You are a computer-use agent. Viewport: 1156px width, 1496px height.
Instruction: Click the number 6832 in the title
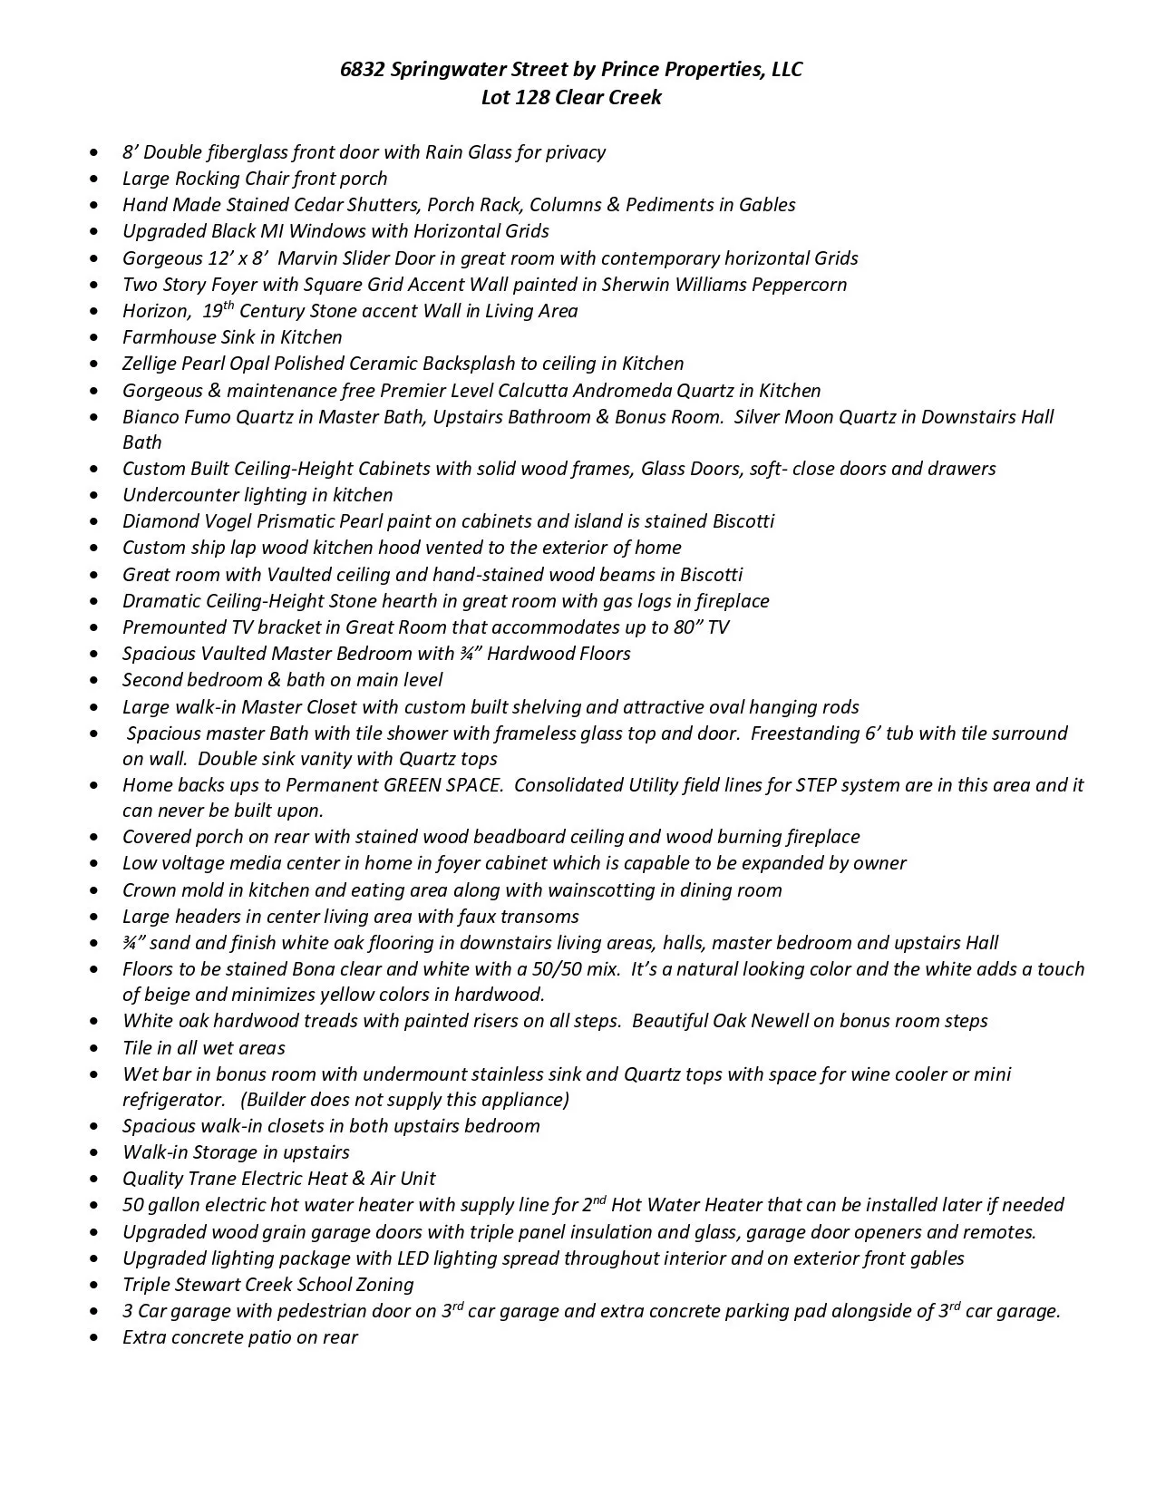(x=361, y=70)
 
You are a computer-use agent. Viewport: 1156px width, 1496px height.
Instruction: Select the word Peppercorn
(x=801, y=285)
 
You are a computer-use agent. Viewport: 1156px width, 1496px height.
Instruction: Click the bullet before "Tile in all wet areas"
(x=96, y=1049)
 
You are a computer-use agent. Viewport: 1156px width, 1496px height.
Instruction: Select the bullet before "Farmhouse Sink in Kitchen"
(x=96, y=338)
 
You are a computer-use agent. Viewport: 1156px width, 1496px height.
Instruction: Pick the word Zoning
(x=382, y=1285)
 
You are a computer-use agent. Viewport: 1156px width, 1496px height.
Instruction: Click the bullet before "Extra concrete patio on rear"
(x=96, y=1338)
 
